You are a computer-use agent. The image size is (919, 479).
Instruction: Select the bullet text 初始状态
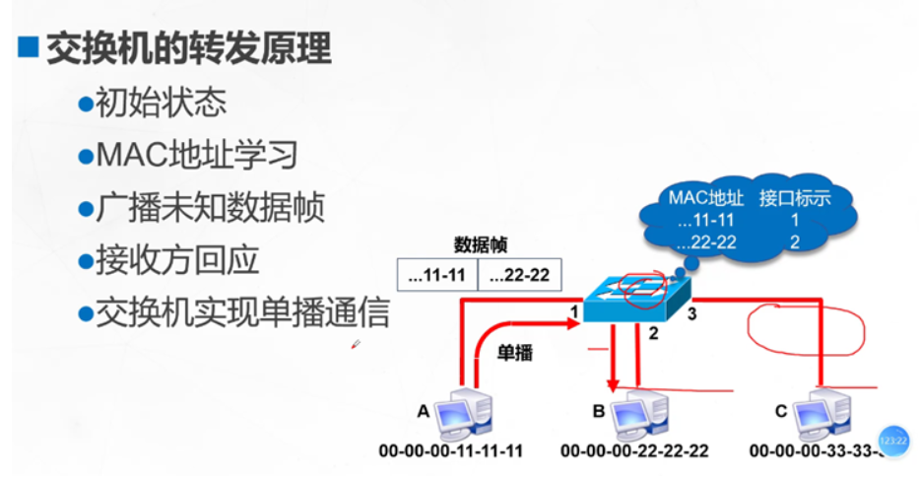pyautogui.click(x=161, y=103)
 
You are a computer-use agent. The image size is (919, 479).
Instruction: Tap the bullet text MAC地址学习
pyautogui.click(x=195, y=155)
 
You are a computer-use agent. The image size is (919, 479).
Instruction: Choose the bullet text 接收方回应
pyautogui.click(x=177, y=261)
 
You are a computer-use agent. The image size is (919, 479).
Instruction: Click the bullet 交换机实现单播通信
pyautogui.click(x=241, y=313)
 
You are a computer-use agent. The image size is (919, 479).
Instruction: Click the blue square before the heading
pyautogui.click(x=29, y=49)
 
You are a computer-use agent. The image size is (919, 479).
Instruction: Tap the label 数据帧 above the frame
pyautogui.click(x=480, y=245)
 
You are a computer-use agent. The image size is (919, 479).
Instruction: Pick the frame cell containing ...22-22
pyautogui.click(x=519, y=276)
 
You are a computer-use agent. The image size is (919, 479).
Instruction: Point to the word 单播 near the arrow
pyautogui.click(x=514, y=353)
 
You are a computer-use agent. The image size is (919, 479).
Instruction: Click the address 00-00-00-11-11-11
pyautogui.click(x=451, y=451)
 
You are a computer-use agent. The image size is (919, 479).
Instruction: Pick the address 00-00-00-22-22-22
pyautogui.click(x=633, y=451)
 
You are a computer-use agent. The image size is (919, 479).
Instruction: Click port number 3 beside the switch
pyautogui.click(x=692, y=315)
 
